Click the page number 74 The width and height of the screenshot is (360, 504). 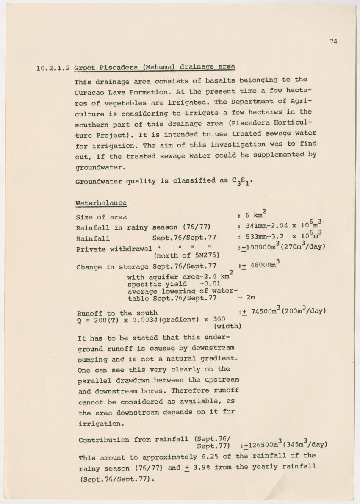click(333, 42)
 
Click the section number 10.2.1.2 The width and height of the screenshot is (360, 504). click(54, 68)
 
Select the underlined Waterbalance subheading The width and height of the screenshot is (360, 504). click(101, 203)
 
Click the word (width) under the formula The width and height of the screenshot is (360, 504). click(228, 326)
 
